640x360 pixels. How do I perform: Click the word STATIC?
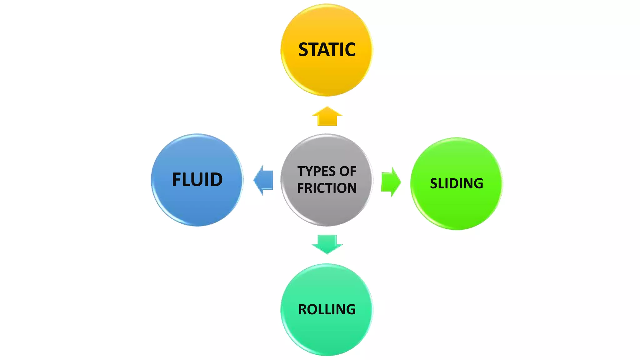[x=327, y=50]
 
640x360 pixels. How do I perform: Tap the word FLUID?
[x=197, y=180]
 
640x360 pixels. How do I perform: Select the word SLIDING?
[x=457, y=183]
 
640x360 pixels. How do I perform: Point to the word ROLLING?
[x=327, y=310]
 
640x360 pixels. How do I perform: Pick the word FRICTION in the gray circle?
[x=327, y=188]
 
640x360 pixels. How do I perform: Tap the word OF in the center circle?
[x=348, y=172]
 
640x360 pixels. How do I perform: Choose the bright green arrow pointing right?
[x=391, y=182]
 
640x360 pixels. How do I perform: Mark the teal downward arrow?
[x=327, y=244]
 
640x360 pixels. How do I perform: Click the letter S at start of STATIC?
[x=303, y=50]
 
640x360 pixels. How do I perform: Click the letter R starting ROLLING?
[x=303, y=310]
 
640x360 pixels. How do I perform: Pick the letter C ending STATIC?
[x=350, y=50]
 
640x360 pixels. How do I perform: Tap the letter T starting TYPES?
[x=301, y=172]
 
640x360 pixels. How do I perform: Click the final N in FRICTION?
[x=352, y=188]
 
